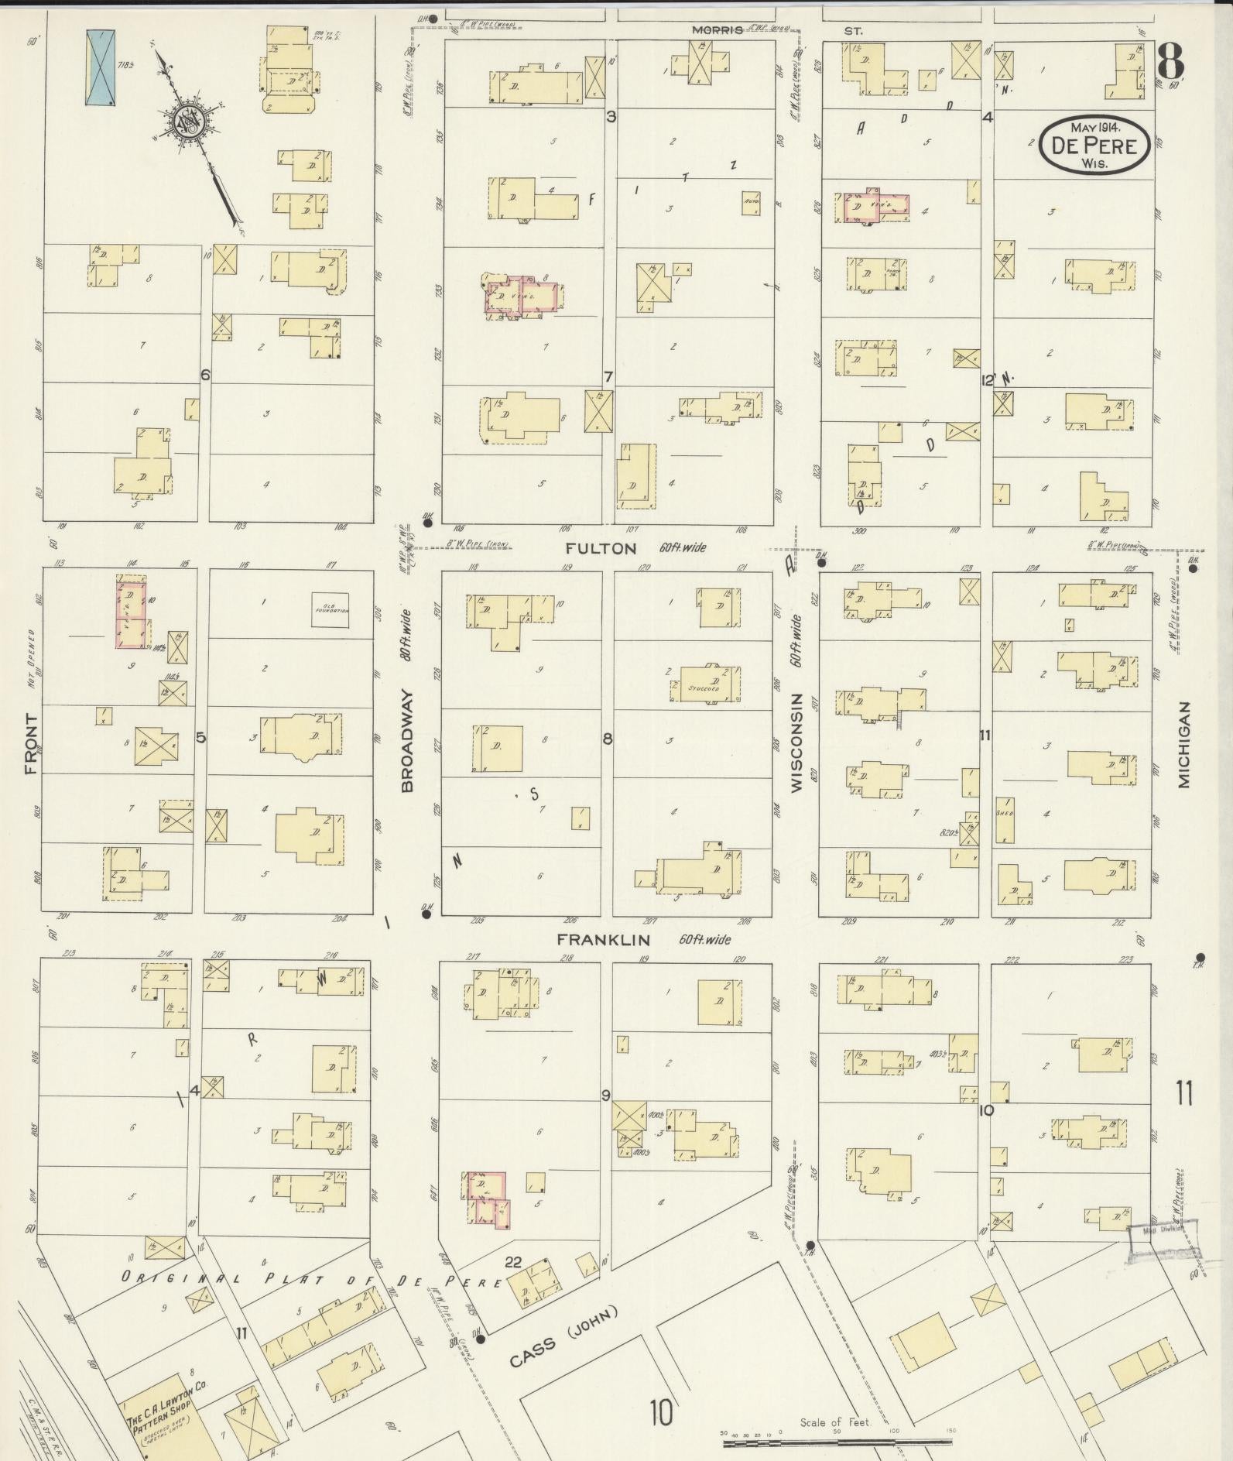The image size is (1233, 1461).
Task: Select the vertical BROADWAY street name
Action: pos(407,741)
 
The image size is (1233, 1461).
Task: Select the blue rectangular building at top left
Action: pos(100,67)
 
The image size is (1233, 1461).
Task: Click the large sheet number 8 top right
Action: pos(1171,62)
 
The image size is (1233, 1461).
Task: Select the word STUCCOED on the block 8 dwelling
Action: pos(704,688)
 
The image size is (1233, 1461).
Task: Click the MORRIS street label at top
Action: pos(717,30)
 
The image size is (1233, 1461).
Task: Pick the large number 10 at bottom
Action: pos(661,1413)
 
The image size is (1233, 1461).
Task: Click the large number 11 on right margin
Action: pos(1184,1095)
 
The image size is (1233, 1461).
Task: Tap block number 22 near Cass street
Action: pos(512,1262)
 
